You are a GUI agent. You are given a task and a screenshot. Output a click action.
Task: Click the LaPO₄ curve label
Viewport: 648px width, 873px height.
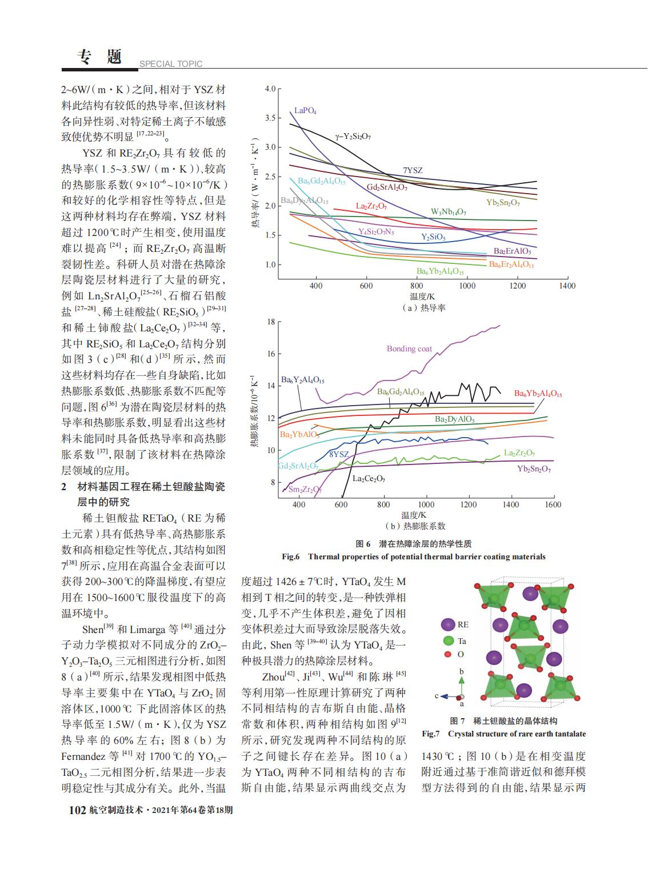click(305, 111)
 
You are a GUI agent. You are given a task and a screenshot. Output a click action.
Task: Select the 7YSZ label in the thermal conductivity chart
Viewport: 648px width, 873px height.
click(413, 170)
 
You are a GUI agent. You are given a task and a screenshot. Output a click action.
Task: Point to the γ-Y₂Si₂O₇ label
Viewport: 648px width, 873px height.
click(353, 136)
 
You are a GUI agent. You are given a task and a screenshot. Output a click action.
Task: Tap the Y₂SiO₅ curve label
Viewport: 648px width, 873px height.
click(433, 237)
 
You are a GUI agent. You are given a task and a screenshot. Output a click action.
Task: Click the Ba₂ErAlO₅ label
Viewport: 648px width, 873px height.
click(512, 251)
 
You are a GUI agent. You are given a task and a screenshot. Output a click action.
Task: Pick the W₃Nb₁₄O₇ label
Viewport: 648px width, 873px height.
click(449, 212)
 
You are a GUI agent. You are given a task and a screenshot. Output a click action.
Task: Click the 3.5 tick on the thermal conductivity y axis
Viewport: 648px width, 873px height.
click(270, 118)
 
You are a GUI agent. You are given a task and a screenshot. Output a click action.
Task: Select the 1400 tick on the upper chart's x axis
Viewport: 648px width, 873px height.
click(567, 286)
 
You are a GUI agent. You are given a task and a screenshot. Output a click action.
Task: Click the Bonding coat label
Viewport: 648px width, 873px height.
click(409, 349)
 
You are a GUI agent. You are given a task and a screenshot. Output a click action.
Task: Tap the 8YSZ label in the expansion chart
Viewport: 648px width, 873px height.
click(339, 454)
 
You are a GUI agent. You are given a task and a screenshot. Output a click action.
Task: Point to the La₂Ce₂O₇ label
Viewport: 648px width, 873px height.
click(369, 478)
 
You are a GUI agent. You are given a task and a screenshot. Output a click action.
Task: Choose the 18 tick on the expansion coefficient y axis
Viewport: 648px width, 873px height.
click(271, 322)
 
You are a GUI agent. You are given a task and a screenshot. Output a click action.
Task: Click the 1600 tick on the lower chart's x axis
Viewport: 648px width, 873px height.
click(553, 504)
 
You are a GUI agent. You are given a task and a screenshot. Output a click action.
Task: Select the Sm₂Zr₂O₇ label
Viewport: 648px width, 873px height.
click(305, 489)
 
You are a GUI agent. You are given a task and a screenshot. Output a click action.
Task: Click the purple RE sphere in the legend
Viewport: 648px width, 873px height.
click(448, 624)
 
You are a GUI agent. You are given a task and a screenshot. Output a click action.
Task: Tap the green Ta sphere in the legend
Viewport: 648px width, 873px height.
click(449, 641)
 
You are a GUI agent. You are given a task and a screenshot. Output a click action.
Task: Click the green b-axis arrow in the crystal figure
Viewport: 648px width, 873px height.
click(462, 685)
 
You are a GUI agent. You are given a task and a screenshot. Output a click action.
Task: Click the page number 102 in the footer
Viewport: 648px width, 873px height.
click(77, 810)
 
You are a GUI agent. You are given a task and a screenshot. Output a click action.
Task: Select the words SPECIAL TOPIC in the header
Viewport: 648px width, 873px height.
click(171, 64)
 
